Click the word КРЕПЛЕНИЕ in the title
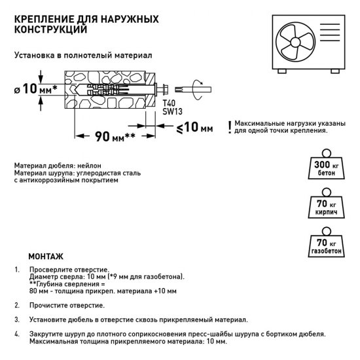41,17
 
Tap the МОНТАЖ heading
45,256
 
